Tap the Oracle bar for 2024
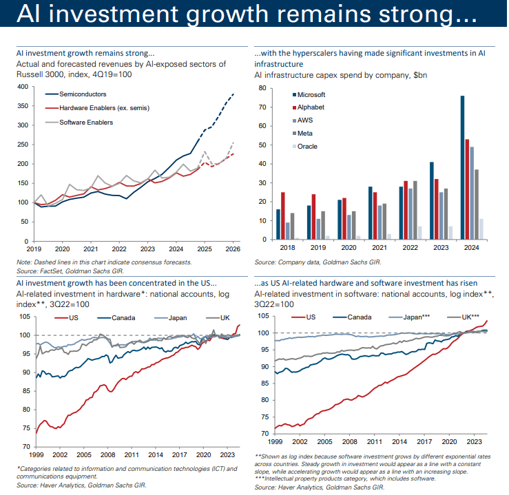pyautogui.click(x=481, y=229)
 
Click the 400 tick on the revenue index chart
pyautogui.click(x=23, y=87)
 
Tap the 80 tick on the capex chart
pyautogui.click(x=262, y=89)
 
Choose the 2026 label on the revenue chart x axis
pyautogui.click(x=233, y=249)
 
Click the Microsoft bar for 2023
pyautogui.click(x=432, y=200)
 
